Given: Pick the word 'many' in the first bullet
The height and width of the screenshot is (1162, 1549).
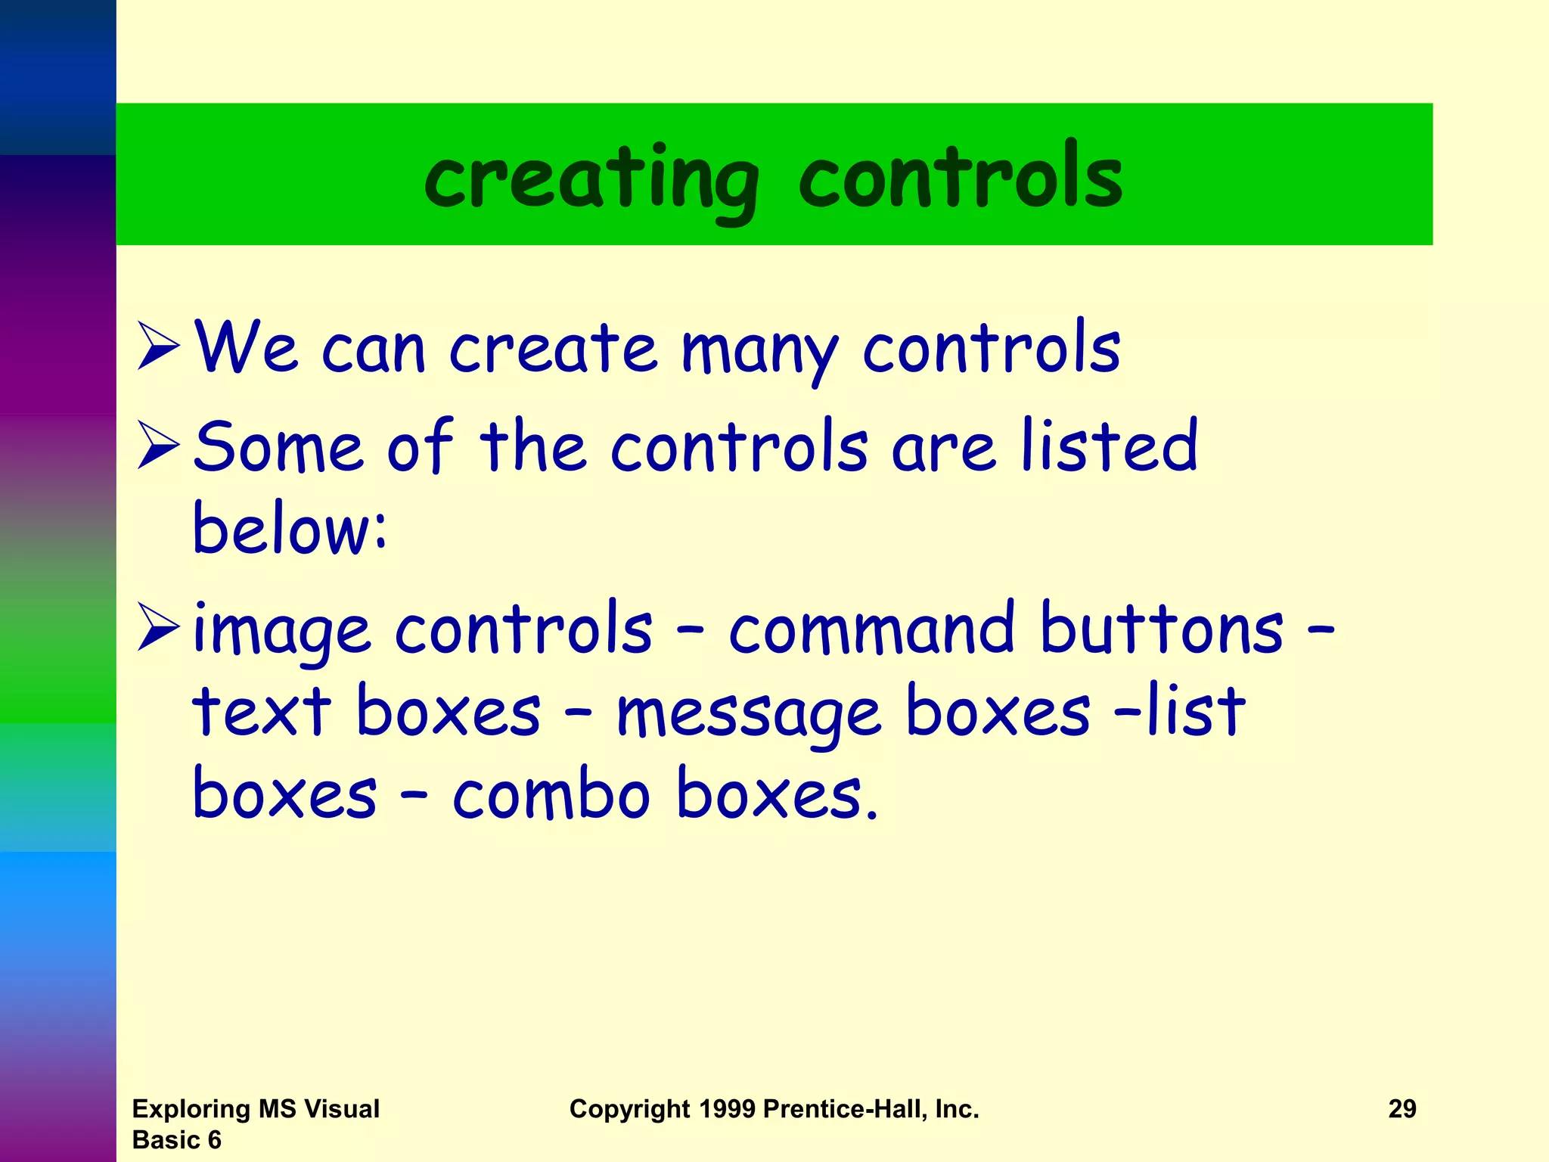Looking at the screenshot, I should [x=759, y=352].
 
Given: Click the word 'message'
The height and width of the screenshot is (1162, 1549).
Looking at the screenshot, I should [x=749, y=715].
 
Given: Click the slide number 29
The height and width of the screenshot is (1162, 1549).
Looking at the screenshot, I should [x=1402, y=1108].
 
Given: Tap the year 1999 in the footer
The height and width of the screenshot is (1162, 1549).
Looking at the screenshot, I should [x=727, y=1108].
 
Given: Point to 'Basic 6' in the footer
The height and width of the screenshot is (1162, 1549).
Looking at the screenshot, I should [x=176, y=1139].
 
